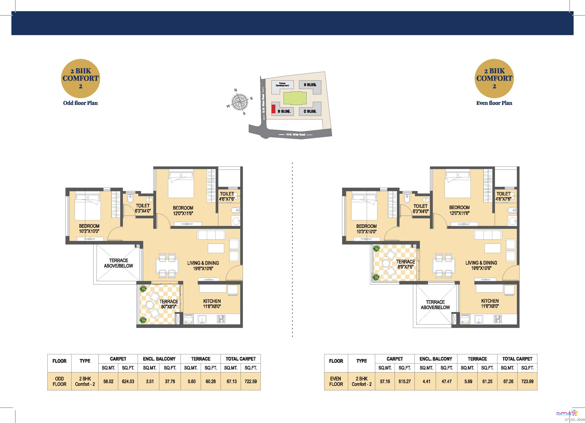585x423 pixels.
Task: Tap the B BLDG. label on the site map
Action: click(284, 112)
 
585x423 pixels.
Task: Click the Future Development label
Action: click(282, 85)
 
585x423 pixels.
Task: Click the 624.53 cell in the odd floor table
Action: click(128, 381)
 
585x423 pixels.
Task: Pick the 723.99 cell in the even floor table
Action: click(527, 381)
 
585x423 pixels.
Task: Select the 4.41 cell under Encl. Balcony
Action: click(426, 381)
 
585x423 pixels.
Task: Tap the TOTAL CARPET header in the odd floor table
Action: click(240, 359)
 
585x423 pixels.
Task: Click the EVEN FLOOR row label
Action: click(336, 381)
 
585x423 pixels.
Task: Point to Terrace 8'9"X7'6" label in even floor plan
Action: click(406, 264)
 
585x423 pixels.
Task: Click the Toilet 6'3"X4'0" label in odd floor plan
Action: click(143, 208)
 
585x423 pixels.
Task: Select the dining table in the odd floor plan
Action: click(167, 266)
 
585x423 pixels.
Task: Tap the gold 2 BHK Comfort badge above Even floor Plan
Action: click(494, 78)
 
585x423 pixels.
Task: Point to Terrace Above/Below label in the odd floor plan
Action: click(118, 263)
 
